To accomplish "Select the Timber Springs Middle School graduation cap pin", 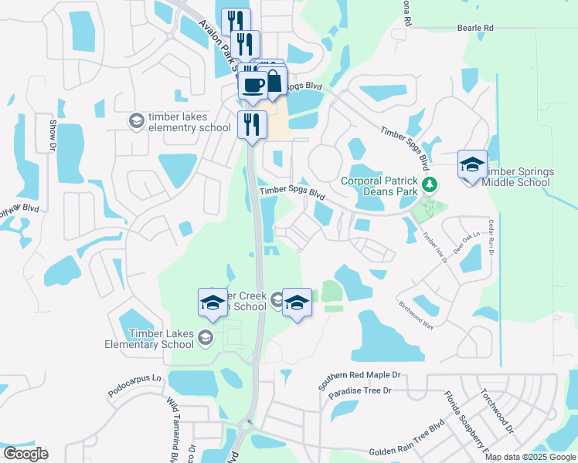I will [x=472, y=165].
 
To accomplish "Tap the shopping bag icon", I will [x=273, y=81].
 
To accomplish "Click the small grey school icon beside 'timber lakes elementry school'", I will [x=136, y=120].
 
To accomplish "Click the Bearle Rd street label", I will [x=475, y=28].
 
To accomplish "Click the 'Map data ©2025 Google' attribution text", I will [x=530, y=457].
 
